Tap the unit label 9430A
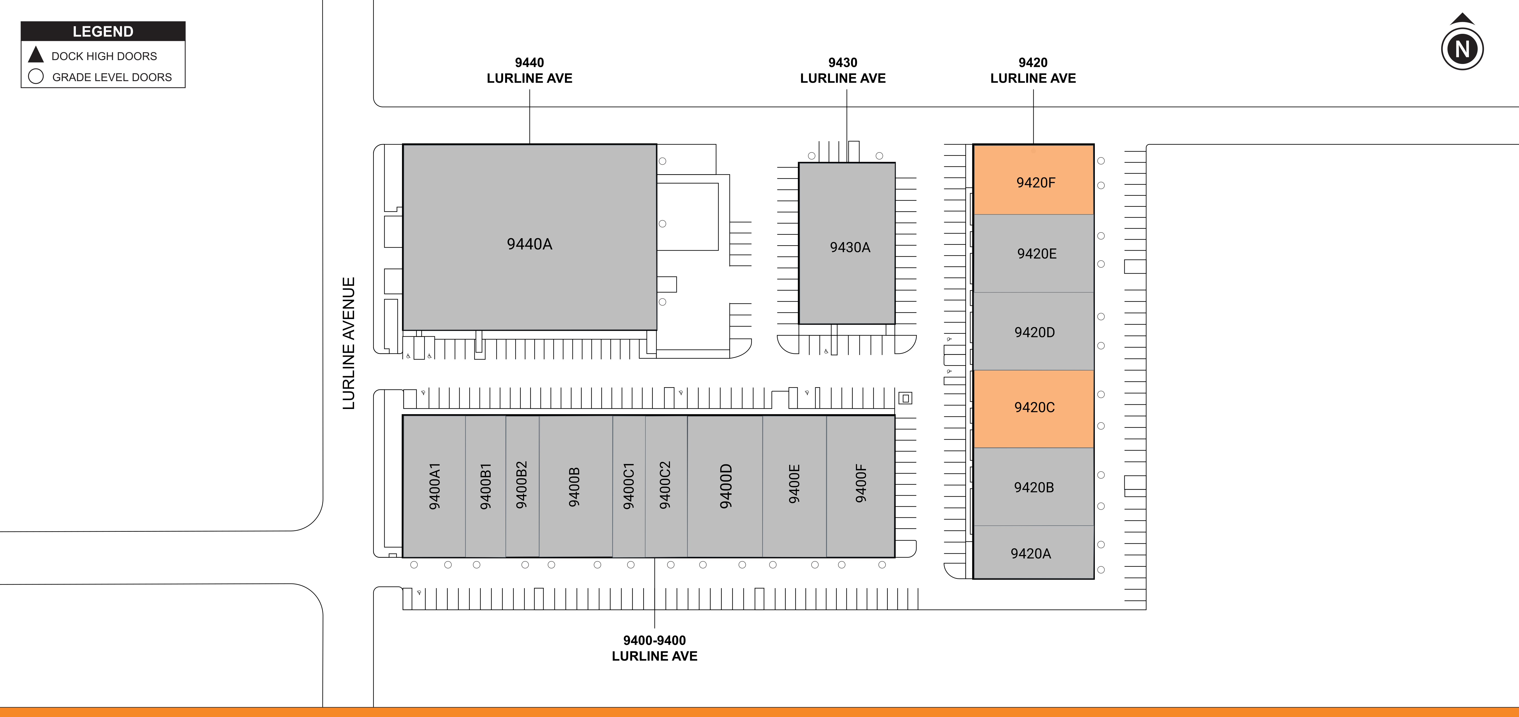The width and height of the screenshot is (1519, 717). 850,247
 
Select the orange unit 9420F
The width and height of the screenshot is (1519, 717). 1034,180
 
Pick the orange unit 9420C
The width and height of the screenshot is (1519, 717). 1034,409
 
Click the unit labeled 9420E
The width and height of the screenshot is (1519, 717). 1034,253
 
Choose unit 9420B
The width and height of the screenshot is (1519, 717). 1034,487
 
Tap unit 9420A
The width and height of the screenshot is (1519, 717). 1034,552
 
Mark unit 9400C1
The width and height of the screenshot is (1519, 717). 629,486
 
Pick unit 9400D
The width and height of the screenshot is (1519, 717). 725,486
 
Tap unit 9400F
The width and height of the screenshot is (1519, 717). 860,486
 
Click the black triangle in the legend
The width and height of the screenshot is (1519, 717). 36,55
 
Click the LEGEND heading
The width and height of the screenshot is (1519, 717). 103,31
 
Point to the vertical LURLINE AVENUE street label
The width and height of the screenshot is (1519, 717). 349,344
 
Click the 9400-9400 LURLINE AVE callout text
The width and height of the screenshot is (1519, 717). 655,648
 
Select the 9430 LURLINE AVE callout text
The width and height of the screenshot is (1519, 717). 843,70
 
